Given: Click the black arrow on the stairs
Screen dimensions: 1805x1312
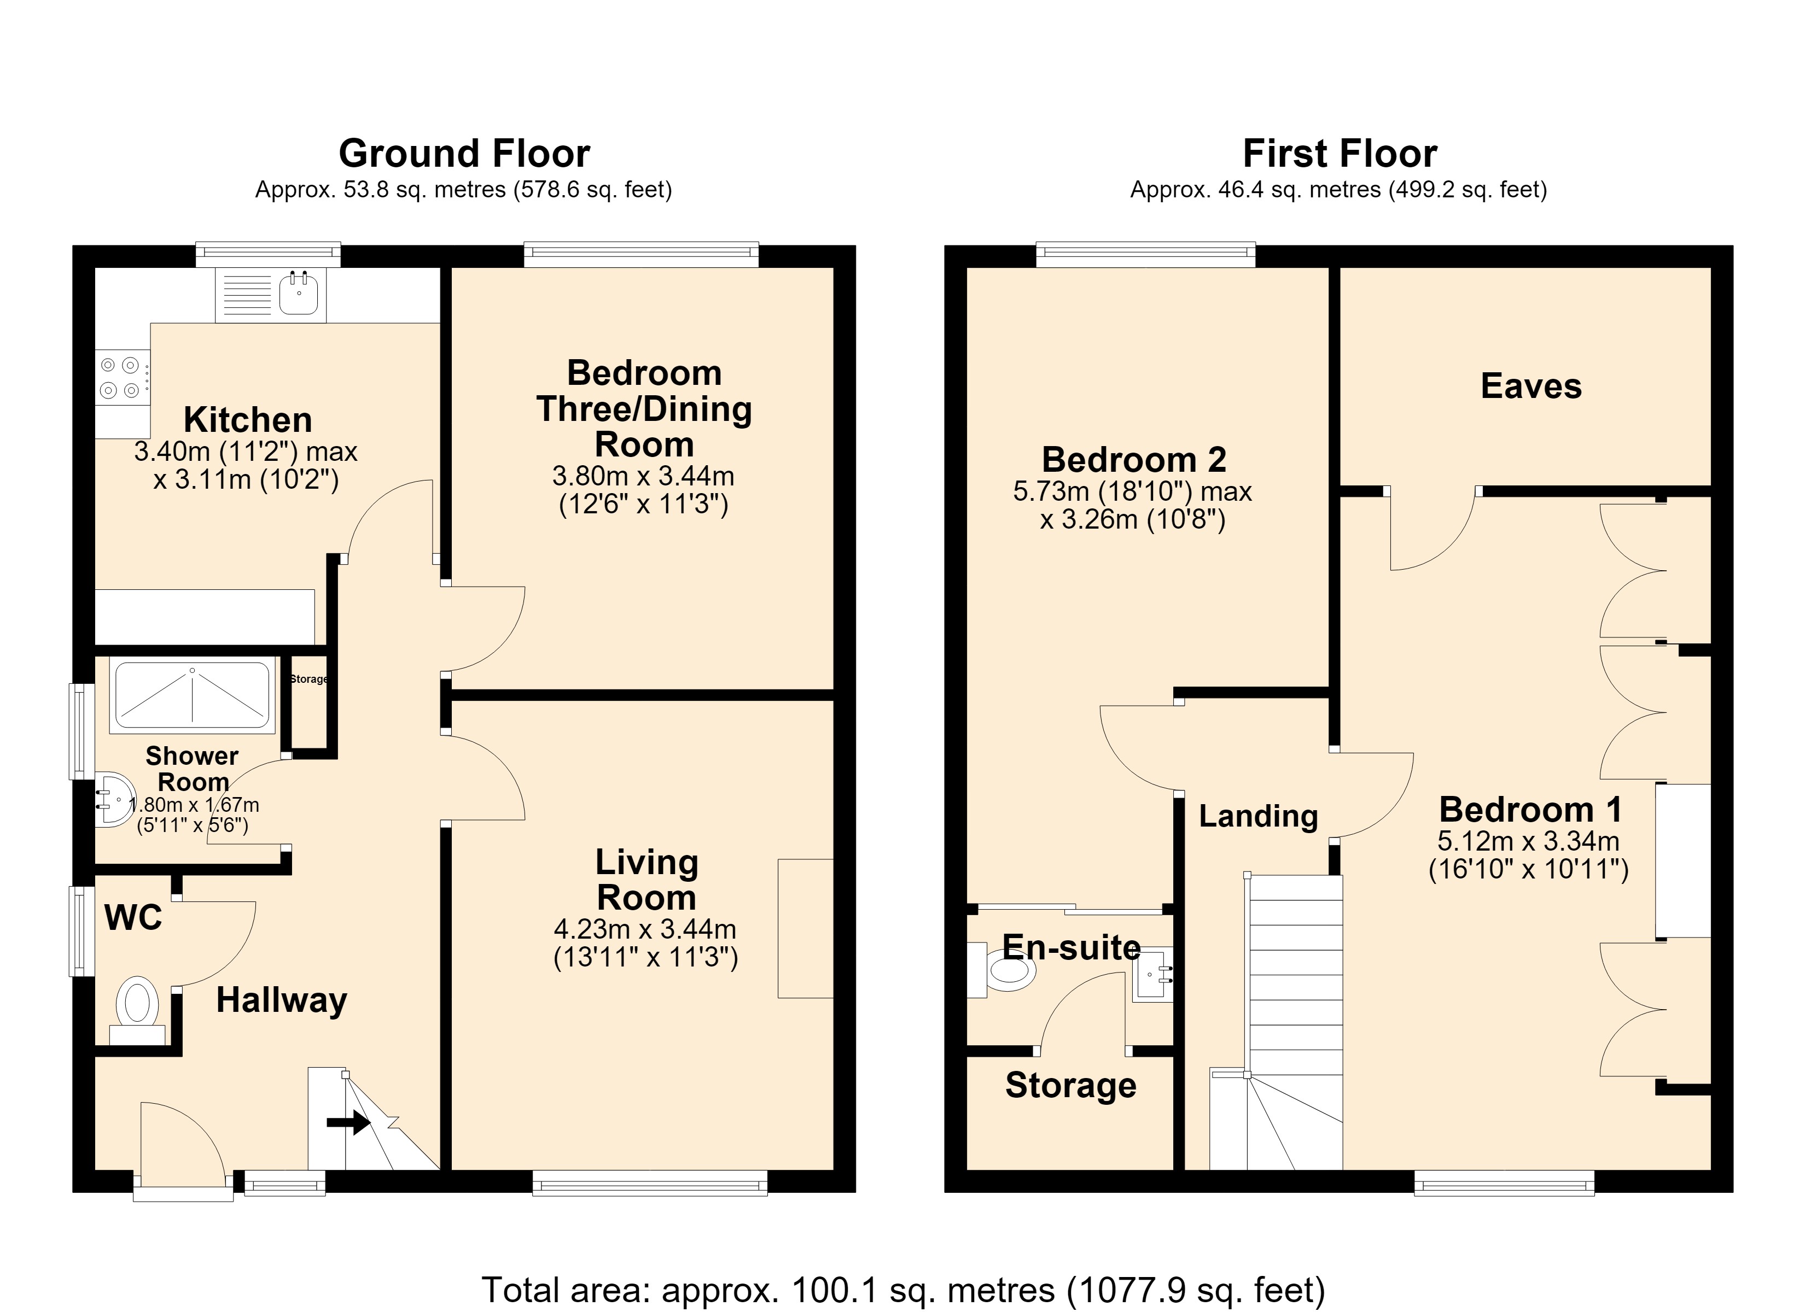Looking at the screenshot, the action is pyautogui.click(x=348, y=1123).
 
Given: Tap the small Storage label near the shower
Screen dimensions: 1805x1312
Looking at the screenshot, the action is pyautogui.click(x=309, y=678).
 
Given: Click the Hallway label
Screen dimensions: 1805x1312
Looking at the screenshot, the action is pyautogui.click(x=282, y=1000).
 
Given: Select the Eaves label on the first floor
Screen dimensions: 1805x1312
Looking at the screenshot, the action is pyautogui.click(x=1530, y=386).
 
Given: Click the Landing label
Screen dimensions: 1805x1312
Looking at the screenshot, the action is pyautogui.click(x=1258, y=816).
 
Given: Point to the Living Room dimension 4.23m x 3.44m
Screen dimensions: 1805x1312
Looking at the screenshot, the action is pyautogui.click(x=645, y=928).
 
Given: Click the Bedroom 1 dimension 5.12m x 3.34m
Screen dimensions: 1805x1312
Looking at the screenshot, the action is pyautogui.click(x=1528, y=841).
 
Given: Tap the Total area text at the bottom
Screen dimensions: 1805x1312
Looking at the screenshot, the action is pyautogui.click(x=902, y=1290).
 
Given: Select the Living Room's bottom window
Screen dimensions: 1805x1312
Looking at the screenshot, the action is pyautogui.click(x=649, y=1182).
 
